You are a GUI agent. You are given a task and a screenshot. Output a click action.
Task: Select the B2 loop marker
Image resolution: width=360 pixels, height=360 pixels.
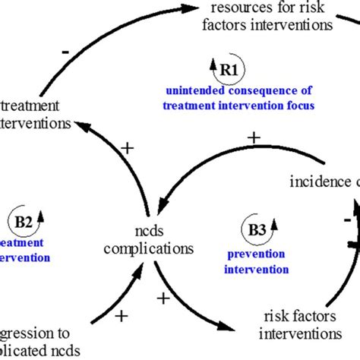click(x=22, y=222)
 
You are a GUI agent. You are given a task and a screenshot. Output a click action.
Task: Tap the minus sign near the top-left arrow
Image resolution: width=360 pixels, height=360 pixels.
click(x=66, y=51)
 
